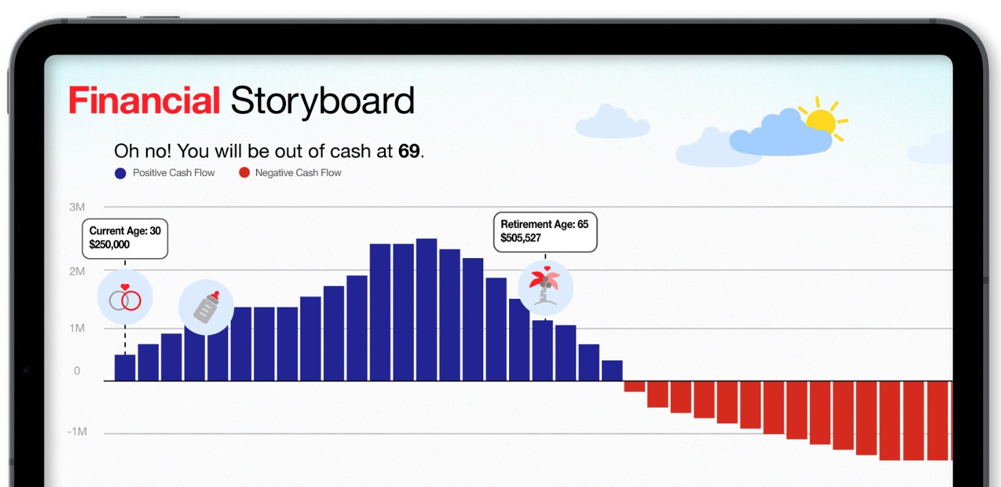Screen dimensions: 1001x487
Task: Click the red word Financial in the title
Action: (x=144, y=101)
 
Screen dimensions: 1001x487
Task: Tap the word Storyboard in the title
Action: (x=322, y=102)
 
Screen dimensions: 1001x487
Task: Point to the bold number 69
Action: (x=409, y=151)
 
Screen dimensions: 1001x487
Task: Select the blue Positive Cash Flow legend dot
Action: (x=120, y=173)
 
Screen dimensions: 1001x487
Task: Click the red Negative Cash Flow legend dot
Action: (x=244, y=172)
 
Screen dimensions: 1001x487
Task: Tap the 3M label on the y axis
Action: (x=77, y=207)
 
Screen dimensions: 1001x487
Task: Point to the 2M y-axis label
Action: (x=77, y=271)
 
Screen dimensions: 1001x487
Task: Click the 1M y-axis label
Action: (x=77, y=328)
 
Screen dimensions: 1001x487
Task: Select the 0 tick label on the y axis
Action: (x=77, y=370)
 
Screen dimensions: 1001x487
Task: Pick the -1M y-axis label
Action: (x=77, y=432)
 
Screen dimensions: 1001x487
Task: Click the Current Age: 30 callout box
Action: (x=125, y=239)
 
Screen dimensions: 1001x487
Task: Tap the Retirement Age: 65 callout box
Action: (x=545, y=232)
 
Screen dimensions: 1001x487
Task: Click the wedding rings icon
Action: (x=125, y=297)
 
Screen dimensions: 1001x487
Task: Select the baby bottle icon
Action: (x=206, y=308)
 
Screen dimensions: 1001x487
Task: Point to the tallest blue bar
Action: (x=426, y=310)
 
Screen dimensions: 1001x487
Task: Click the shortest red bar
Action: (x=635, y=386)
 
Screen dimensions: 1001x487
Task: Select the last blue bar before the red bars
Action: (x=612, y=371)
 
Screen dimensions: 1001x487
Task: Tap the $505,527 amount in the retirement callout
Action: (x=521, y=238)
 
